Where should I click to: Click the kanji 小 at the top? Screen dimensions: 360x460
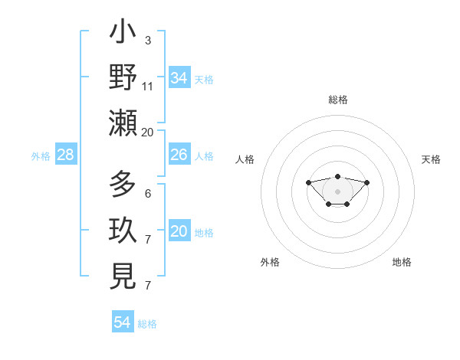[x=123, y=34]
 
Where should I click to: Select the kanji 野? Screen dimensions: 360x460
[x=123, y=78]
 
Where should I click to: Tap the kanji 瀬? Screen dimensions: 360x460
[x=123, y=123]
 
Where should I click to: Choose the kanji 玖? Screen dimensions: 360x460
[x=123, y=231]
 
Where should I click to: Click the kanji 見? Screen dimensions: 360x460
[x=123, y=276]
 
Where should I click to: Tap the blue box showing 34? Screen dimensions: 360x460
[x=179, y=78]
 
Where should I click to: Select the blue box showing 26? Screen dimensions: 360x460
[x=179, y=155]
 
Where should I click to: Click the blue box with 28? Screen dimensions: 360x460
[x=66, y=155]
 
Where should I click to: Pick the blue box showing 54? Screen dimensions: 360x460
[x=123, y=322]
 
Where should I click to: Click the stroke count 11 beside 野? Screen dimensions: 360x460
[x=148, y=87]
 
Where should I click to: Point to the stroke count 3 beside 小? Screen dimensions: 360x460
[x=147, y=39]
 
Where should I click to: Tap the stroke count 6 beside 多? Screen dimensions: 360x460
[x=147, y=194]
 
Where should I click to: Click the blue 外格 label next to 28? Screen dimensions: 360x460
[x=41, y=156]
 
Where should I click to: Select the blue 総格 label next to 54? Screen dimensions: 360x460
[x=147, y=324]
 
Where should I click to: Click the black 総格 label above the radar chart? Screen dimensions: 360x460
[x=338, y=100]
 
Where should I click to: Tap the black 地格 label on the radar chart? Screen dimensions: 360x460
[x=402, y=262]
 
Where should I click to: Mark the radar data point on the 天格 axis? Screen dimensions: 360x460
[x=366, y=182]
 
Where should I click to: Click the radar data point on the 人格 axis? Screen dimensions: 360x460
[x=308, y=182]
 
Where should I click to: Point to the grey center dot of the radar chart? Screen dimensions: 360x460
[x=337, y=191]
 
